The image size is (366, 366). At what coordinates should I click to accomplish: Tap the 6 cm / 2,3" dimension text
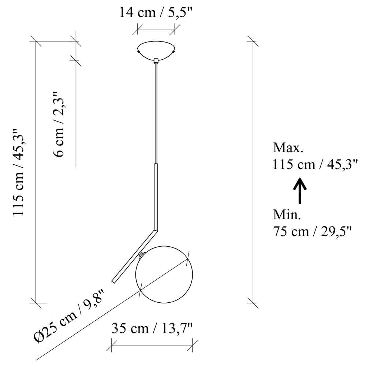[58, 124]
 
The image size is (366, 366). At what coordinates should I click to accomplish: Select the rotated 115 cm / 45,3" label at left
[18, 172]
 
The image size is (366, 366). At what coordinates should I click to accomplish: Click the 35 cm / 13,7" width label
[152, 328]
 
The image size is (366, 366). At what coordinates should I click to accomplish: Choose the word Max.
[288, 148]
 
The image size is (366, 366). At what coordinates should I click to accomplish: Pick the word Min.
[287, 214]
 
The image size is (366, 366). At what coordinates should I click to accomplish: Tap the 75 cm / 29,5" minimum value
[312, 231]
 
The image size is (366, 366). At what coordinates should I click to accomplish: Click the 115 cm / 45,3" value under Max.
[315, 164]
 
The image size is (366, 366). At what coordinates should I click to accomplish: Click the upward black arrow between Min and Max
[300, 191]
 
